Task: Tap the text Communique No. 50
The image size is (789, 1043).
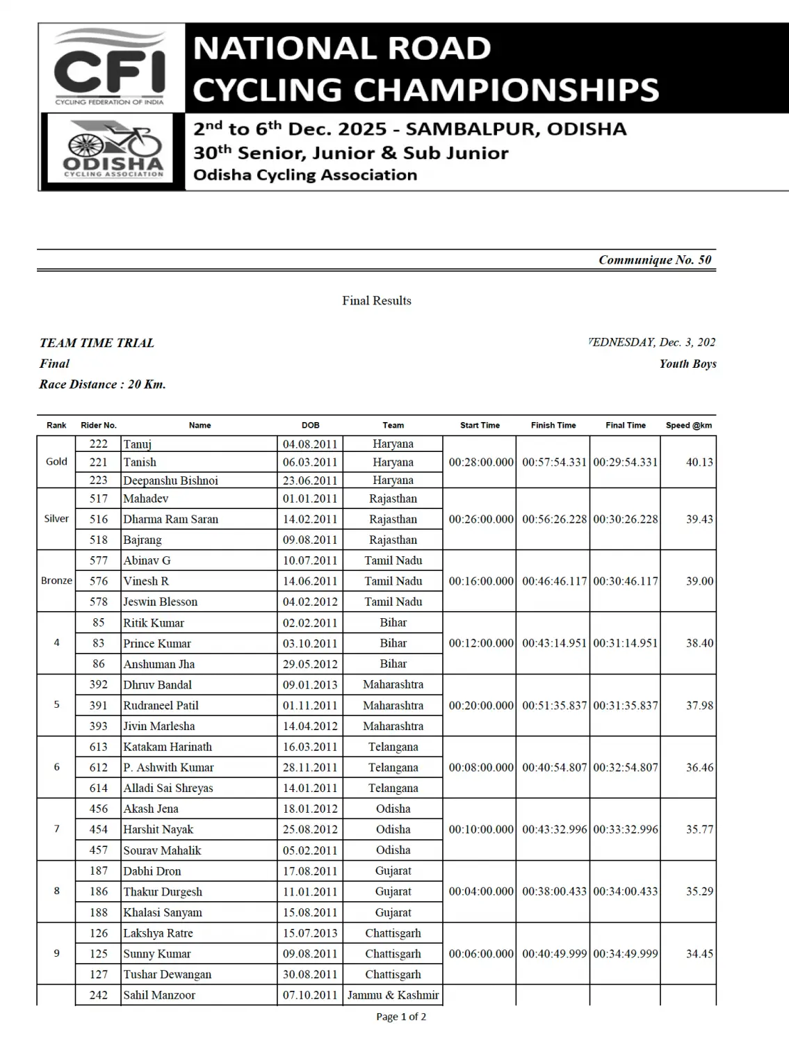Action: (655, 260)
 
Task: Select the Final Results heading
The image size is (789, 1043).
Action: (376, 300)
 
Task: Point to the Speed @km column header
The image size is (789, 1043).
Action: (688, 425)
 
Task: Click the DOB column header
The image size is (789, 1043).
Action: (311, 425)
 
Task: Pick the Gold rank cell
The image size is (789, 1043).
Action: (56, 462)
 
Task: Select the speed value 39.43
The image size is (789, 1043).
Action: (699, 519)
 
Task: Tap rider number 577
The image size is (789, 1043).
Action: (99, 560)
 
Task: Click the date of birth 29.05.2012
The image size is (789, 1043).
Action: (310, 664)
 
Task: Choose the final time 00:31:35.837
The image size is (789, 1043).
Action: (626, 705)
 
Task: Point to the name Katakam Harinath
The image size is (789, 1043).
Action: (168, 747)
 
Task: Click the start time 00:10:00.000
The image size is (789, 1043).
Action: (481, 830)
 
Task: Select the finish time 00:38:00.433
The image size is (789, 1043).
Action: (554, 891)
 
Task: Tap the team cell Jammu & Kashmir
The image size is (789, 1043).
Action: (393, 995)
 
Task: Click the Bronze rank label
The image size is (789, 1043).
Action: (56, 581)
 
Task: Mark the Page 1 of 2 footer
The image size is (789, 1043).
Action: (401, 1017)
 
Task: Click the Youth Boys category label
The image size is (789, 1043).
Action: (688, 364)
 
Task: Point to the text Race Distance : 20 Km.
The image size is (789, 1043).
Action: (102, 385)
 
